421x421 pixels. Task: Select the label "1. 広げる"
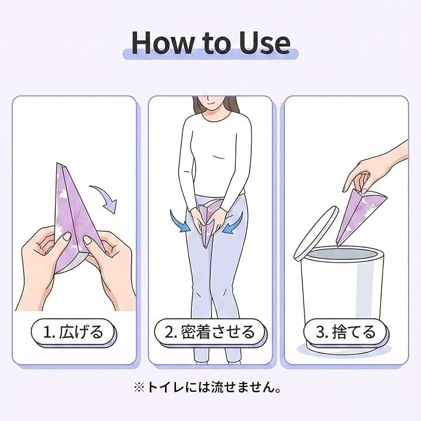(x=74, y=332)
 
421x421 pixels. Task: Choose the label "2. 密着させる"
(x=210, y=332)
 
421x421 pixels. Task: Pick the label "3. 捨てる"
(x=346, y=332)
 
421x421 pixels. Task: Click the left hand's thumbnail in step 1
(x=67, y=237)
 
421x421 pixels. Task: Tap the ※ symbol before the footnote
(x=139, y=388)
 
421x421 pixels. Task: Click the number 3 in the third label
(x=320, y=332)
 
